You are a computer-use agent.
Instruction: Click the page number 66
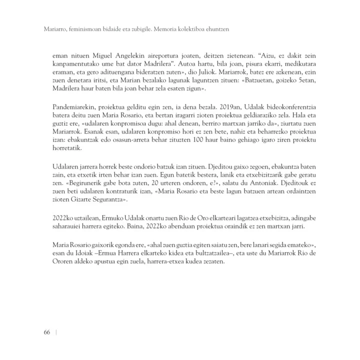coord(46,333)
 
